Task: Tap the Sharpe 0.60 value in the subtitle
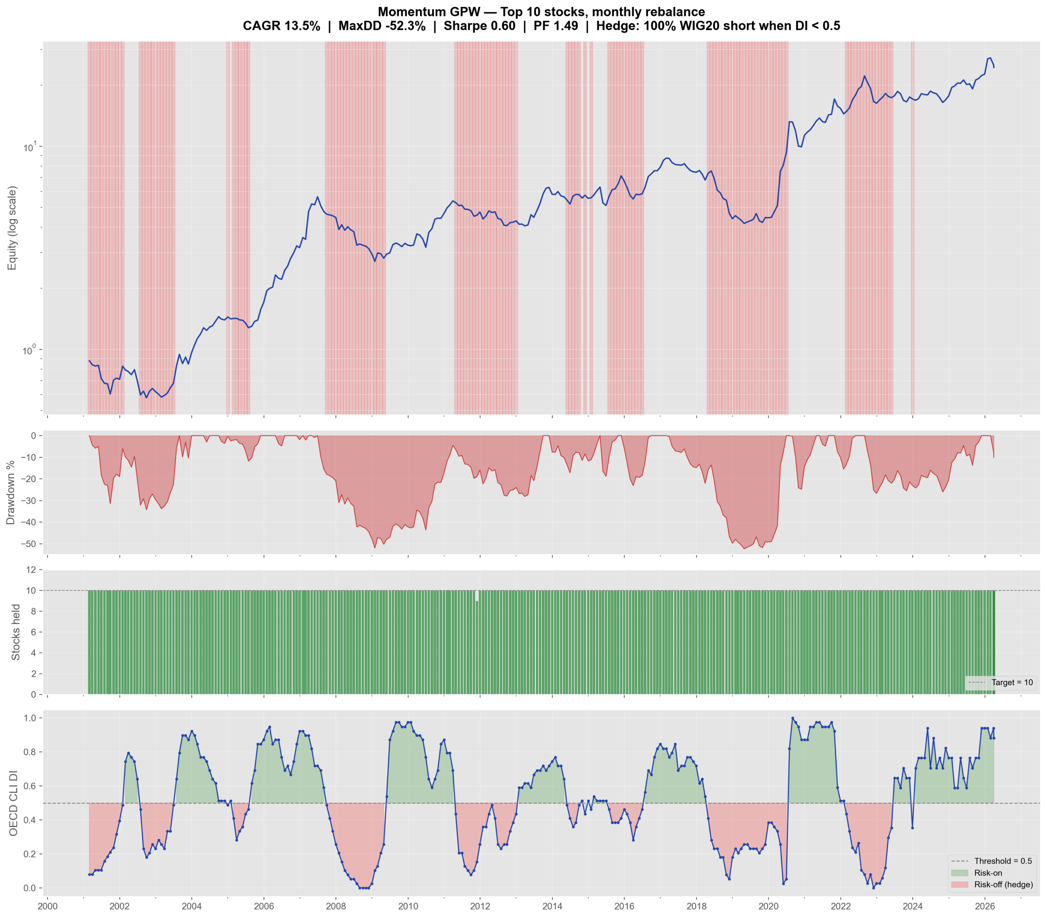(479, 26)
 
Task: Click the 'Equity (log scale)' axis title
(12, 228)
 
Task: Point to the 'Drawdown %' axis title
(10, 492)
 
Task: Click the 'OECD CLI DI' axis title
(13, 803)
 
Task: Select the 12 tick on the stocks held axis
(31, 570)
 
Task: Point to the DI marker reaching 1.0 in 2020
(792, 718)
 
